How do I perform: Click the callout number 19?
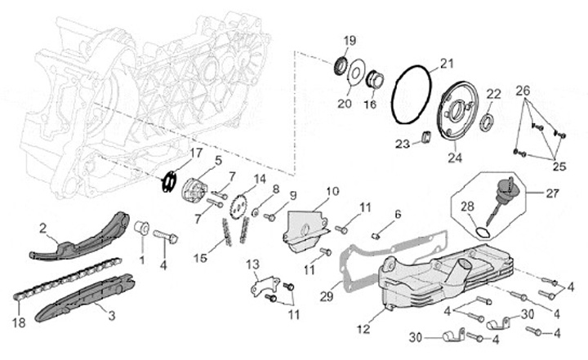pos(350,41)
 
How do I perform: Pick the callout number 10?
pos(332,193)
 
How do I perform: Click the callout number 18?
pos(19,322)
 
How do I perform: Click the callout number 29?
pos(327,296)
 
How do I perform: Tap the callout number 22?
pos(492,94)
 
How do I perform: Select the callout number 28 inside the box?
pos(468,207)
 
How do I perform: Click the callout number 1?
pos(141,259)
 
